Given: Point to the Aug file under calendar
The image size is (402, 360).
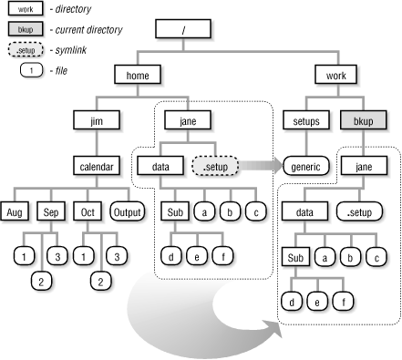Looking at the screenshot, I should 17,211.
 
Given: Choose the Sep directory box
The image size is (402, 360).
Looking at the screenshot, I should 50,211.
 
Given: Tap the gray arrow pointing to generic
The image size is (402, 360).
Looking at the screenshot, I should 261,167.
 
